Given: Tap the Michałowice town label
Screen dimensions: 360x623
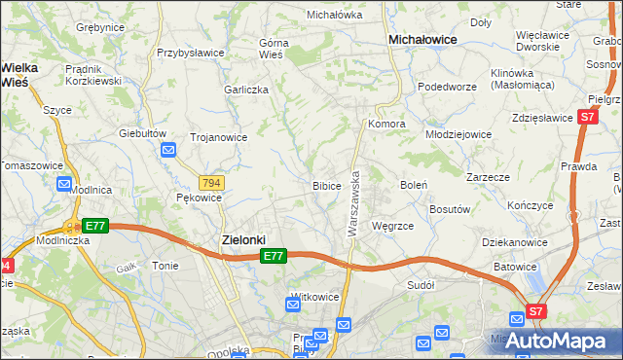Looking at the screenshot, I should click(423, 40).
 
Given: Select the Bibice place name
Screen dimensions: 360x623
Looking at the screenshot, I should click(326, 185).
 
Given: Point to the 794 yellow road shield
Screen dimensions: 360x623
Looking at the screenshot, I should click(210, 183).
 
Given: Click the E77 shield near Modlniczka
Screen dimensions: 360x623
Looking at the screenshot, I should click(93, 226).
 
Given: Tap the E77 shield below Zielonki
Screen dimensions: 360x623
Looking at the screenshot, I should click(274, 256).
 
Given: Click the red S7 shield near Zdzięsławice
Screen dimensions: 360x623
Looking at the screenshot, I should click(587, 117).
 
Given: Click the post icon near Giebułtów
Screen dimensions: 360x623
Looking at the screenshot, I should click(168, 150).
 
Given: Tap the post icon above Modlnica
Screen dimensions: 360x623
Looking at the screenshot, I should click(64, 183).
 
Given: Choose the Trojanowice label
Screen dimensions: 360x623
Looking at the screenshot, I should click(218, 137).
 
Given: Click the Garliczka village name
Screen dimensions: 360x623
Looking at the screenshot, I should click(245, 89).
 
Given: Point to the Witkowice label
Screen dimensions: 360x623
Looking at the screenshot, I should click(313, 296).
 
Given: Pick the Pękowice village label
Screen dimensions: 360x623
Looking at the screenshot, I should click(199, 198).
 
